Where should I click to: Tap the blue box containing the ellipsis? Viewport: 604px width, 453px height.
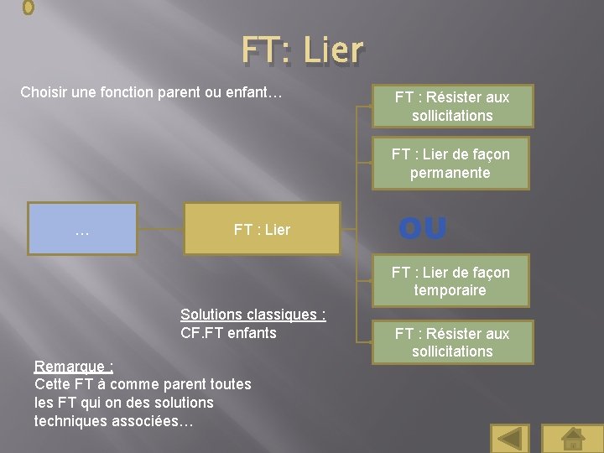[82, 227]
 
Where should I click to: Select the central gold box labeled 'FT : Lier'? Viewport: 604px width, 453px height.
[262, 228]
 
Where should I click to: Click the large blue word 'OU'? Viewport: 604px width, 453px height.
[423, 228]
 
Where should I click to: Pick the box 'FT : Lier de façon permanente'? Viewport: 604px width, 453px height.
[451, 163]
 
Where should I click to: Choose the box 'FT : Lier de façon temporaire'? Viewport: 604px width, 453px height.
[451, 281]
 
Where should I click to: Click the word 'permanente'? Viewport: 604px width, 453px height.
[450, 173]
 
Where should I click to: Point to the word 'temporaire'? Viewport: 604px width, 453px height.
[450, 290]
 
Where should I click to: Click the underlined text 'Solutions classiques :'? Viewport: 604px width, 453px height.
[253, 315]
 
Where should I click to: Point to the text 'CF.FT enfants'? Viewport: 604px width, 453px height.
[228, 333]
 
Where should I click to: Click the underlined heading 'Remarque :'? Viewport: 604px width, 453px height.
[74, 366]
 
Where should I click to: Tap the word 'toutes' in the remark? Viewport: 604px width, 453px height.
[229, 384]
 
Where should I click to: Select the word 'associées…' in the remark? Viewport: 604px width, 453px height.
[155, 421]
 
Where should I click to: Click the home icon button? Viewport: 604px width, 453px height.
[572, 438]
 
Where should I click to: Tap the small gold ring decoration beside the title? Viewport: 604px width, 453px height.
[28, 8]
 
